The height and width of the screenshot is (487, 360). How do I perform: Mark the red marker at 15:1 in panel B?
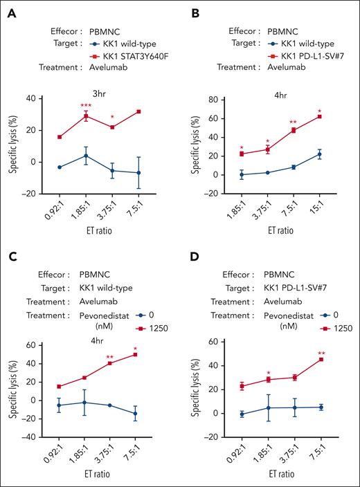coord(320,116)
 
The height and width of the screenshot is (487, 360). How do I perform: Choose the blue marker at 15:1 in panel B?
coord(320,154)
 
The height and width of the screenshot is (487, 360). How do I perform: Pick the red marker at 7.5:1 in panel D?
coord(320,359)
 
